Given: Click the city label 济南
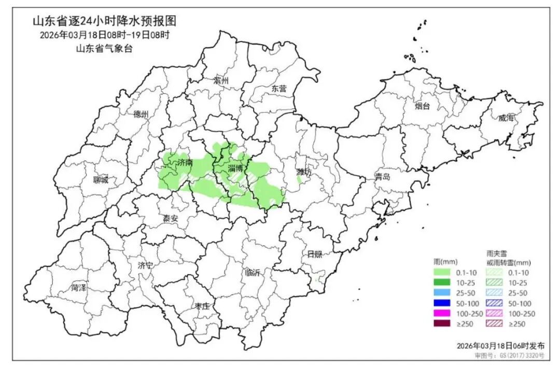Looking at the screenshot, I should [x=185, y=163].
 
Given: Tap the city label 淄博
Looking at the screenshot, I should [x=235, y=168].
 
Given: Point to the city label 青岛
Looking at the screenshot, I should [x=383, y=177].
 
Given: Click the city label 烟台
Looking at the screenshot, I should [x=422, y=106].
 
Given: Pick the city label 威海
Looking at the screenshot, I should [x=508, y=118].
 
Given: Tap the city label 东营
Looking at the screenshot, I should [x=279, y=88].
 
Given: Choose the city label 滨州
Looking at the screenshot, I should [x=221, y=80].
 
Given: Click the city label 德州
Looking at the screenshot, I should [x=141, y=114].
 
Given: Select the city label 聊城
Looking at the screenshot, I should [x=101, y=180].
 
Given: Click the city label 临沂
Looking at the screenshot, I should [x=252, y=273].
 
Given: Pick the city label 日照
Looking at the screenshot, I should [x=314, y=254].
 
